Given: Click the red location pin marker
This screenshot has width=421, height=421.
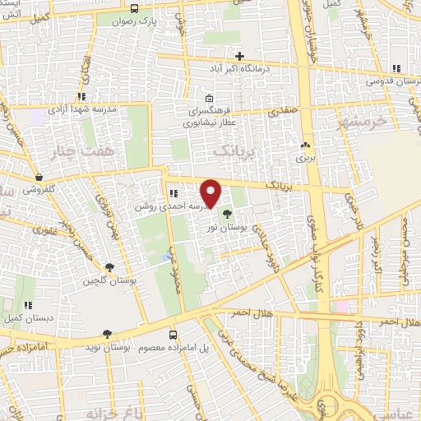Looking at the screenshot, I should click(x=212, y=193).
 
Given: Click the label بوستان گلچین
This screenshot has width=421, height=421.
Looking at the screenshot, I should click(x=106, y=281).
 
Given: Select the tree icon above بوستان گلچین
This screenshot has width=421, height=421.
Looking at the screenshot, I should click(x=109, y=266).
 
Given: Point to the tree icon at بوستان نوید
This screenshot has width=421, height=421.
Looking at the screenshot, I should click(x=107, y=334).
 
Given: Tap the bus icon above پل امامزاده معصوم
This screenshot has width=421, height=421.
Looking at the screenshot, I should click(x=173, y=335).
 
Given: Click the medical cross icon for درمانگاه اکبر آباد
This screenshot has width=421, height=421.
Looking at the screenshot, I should click(x=239, y=57).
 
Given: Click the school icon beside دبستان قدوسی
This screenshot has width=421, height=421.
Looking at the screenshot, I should click(x=396, y=68).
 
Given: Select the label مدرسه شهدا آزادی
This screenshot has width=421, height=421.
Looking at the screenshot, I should click(x=85, y=109).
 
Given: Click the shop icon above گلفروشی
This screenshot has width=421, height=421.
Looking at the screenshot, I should click(x=39, y=176).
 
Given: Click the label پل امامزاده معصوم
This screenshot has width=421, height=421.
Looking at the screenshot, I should click(x=194, y=349).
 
